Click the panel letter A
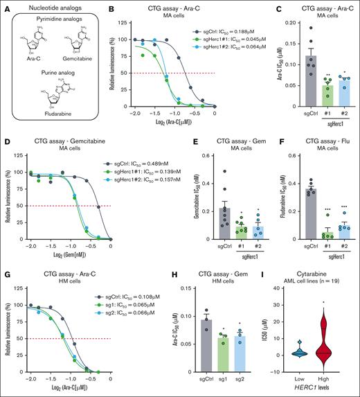5,6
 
